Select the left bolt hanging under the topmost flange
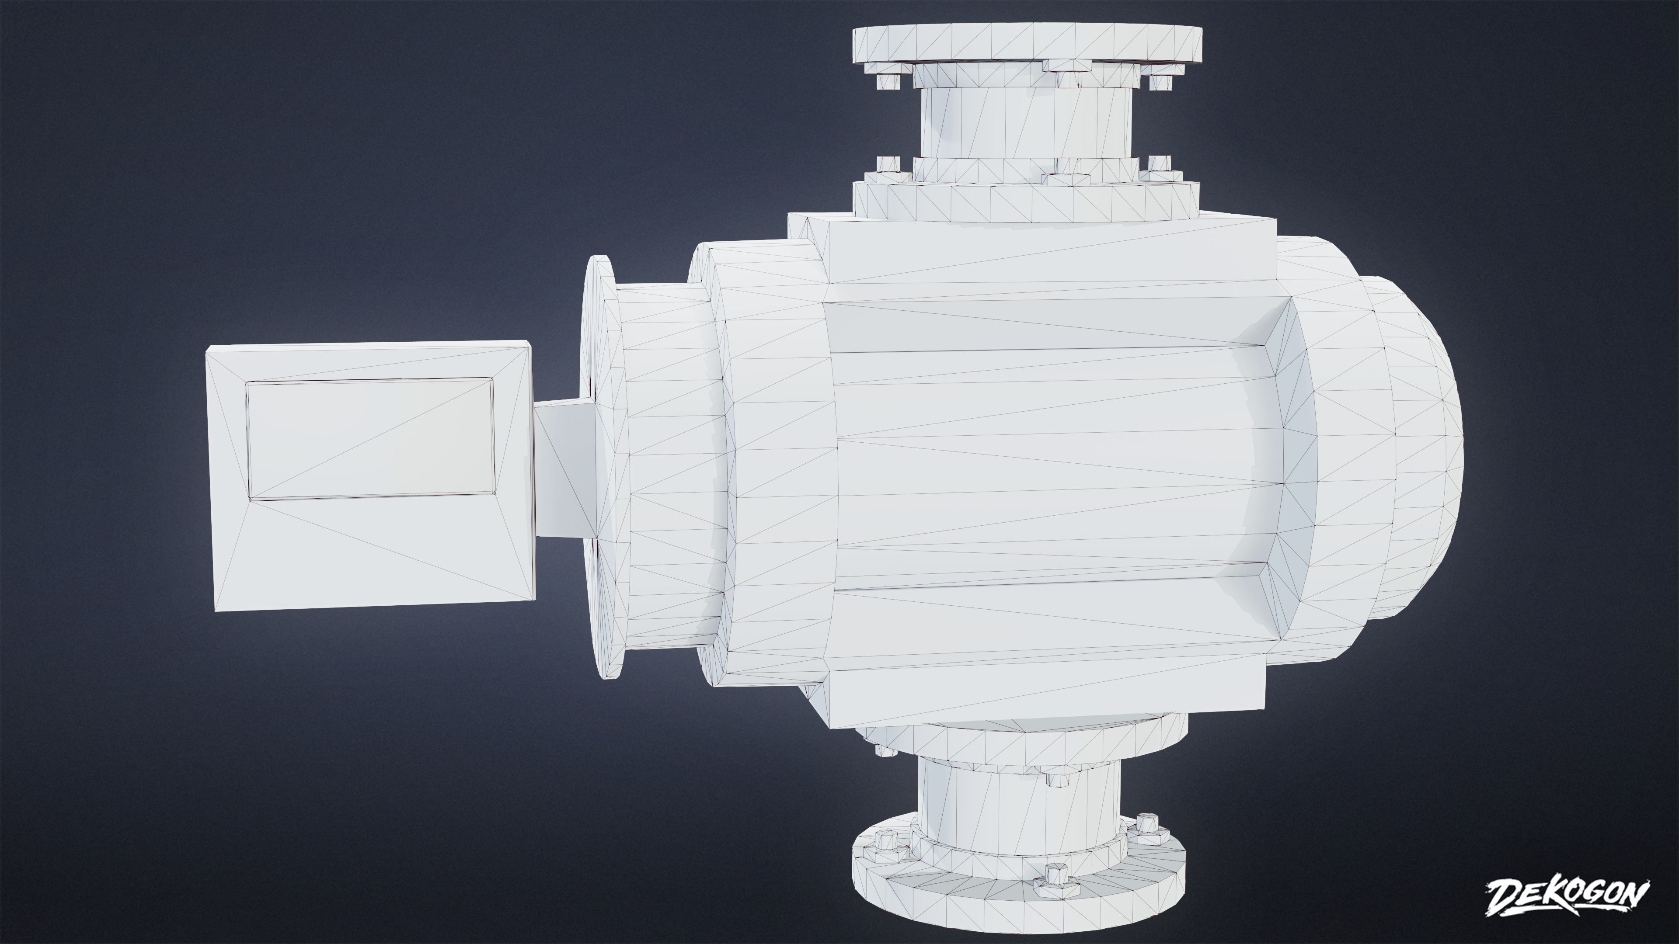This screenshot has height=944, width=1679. point(888,80)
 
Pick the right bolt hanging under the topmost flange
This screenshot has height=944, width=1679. point(1159,81)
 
